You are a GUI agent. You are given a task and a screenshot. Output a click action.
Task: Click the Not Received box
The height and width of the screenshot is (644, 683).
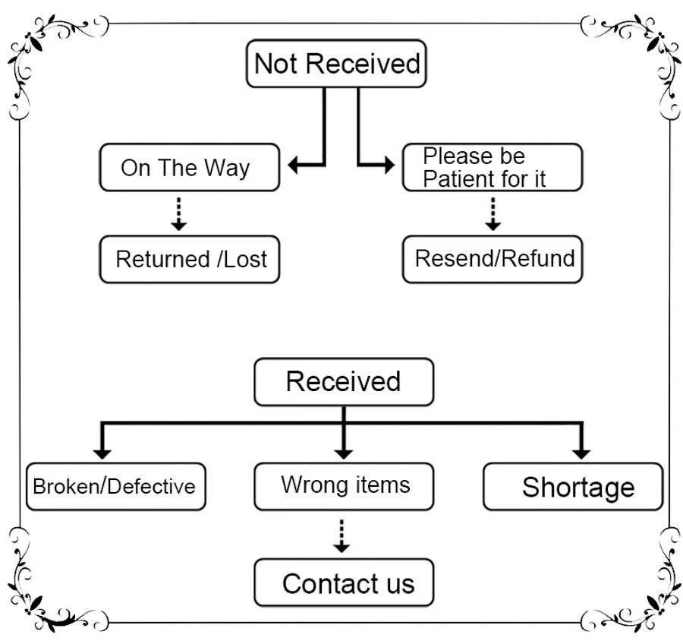point(336,64)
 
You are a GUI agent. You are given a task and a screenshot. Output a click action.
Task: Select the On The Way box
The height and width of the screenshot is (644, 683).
point(190,167)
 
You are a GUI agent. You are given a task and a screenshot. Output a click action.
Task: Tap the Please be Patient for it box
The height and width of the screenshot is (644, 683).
point(493,167)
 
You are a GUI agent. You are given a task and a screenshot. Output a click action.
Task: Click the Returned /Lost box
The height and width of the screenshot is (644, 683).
point(190,260)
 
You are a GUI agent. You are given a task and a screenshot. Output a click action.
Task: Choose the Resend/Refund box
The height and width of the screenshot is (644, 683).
point(493,260)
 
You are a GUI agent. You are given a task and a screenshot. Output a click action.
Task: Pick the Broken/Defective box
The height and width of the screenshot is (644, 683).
point(116,487)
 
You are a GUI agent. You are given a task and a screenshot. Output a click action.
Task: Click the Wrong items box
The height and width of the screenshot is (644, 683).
point(344,487)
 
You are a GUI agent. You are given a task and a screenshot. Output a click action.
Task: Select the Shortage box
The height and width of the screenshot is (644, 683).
point(573,487)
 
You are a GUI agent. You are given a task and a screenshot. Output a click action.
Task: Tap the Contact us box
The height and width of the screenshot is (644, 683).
point(344,582)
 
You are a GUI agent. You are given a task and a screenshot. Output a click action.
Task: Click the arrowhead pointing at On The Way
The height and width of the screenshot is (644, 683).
point(293,165)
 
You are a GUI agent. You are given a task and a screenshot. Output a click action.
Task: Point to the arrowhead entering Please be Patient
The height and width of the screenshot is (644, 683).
point(389,165)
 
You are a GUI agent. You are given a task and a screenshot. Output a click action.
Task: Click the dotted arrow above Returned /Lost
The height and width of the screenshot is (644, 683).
point(178,213)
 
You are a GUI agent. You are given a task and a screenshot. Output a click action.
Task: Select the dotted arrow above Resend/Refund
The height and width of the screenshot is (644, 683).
point(493,213)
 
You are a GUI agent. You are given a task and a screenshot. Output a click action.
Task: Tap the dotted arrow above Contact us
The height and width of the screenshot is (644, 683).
point(341,536)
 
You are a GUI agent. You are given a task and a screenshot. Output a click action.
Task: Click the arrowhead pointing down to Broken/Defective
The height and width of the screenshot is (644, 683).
point(102,453)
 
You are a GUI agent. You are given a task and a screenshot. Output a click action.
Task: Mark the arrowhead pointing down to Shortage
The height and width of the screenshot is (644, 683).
point(581,453)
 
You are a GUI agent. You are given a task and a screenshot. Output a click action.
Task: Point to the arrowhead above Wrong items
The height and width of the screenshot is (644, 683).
point(344,453)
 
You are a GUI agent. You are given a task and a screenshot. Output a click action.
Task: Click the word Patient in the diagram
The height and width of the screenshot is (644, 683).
point(459,178)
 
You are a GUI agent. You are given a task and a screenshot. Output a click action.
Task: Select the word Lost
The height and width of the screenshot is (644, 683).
point(245,260)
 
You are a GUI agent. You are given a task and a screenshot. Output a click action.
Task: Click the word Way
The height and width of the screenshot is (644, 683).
point(227,169)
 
